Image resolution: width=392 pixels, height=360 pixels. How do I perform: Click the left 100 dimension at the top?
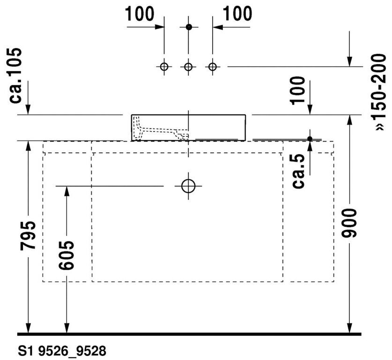click(x=139, y=14)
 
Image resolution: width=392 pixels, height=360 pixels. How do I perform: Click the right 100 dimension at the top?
click(x=237, y=14)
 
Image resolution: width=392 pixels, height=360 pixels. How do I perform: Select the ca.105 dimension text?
click(x=15, y=75)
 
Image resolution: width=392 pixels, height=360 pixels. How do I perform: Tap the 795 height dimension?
click(x=28, y=235)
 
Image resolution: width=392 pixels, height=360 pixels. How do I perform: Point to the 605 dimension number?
click(x=67, y=255)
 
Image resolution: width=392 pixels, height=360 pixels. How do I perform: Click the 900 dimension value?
click(x=349, y=223)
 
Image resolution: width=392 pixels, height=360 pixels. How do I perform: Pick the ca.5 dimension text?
click(x=298, y=171)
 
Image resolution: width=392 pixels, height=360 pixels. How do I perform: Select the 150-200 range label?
click(x=379, y=92)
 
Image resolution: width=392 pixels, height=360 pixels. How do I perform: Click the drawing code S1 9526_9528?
click(x=62, y=351)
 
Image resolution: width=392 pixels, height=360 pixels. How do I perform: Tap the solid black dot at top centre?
click(x=189, y=27)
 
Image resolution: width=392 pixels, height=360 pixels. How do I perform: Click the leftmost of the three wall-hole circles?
click(x=164, y=67)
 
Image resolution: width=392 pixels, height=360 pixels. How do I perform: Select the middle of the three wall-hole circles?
click(x=188, y=67)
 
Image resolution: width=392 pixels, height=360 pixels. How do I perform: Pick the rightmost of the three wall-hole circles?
click(x=213, y=67)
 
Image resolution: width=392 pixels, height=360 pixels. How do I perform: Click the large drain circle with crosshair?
click(x=188, y=180)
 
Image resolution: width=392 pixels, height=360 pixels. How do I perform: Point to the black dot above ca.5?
click(x=310, y=139)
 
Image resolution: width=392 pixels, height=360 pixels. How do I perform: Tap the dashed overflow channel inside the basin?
click(x=160, y=129)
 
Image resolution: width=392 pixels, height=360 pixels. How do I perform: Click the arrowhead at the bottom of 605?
click(x=67, y=328)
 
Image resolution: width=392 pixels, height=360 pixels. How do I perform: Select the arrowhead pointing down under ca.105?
click(x=28, y=110)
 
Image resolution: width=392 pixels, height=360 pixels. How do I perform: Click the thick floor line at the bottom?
click(x=189, y=334)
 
